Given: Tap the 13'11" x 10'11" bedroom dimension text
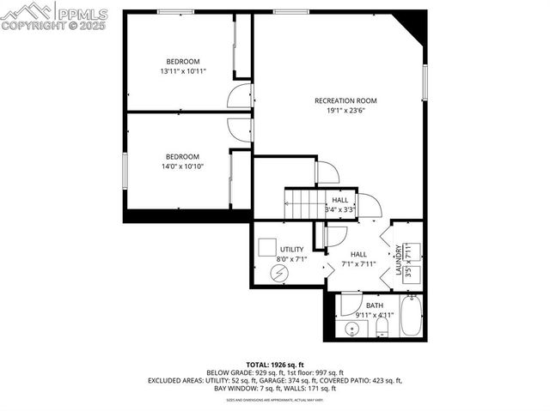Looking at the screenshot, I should [x=183, y=71].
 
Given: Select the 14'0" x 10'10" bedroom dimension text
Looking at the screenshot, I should [x=182, y=166].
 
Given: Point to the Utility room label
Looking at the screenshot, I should [x=292, y=250].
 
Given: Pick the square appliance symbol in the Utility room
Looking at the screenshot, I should [x=266, y=244].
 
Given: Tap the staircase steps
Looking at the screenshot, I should [x=302, y=203].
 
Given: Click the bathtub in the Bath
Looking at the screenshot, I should [x=412, y=315].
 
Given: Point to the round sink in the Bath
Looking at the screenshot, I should [x=351, y=329].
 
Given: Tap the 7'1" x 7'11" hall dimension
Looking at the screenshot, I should [x=359, y=263].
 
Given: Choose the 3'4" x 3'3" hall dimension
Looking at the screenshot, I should [x=340, y=209].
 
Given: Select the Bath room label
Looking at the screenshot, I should [x=375, y=305].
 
